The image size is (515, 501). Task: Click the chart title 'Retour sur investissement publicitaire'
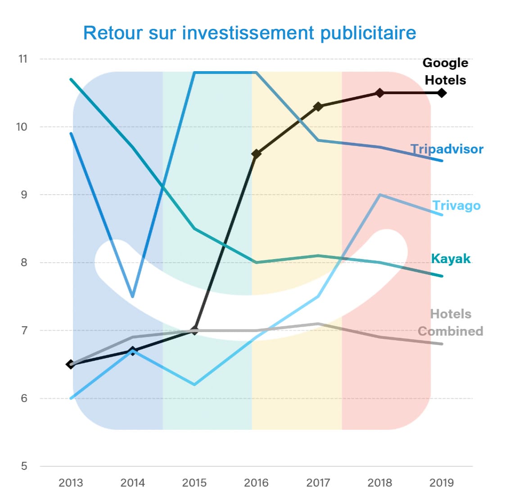click(x=249, y=33)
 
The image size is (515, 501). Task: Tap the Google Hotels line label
click(x=445, y=71)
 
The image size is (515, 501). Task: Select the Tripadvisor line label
click(x=447, y=149)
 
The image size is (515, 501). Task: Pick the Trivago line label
click(x=456, y=205)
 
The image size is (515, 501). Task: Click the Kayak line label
click(x=451, y=259)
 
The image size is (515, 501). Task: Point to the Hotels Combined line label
click(x=450, y=322)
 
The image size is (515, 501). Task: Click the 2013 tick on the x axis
click(x=71, y=483)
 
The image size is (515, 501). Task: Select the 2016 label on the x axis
click(x=256, y=483)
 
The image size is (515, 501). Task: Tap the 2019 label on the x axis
click(x=442, y=483)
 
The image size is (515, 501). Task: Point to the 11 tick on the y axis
click(x=22, y=59)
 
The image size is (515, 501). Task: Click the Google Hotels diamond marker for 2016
click(x=256, y=154)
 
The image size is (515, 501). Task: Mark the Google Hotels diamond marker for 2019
click(x=442, y=93)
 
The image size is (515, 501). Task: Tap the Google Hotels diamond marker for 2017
click(x=318, y=106)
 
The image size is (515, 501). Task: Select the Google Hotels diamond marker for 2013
click(x=71, y=364)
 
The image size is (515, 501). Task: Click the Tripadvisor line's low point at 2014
click(x=132, y=296)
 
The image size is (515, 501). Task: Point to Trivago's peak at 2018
click(x=380, y=195)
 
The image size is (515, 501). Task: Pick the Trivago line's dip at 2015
click(x=194, y=385)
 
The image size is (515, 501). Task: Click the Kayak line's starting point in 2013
click(x=71, y=80)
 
